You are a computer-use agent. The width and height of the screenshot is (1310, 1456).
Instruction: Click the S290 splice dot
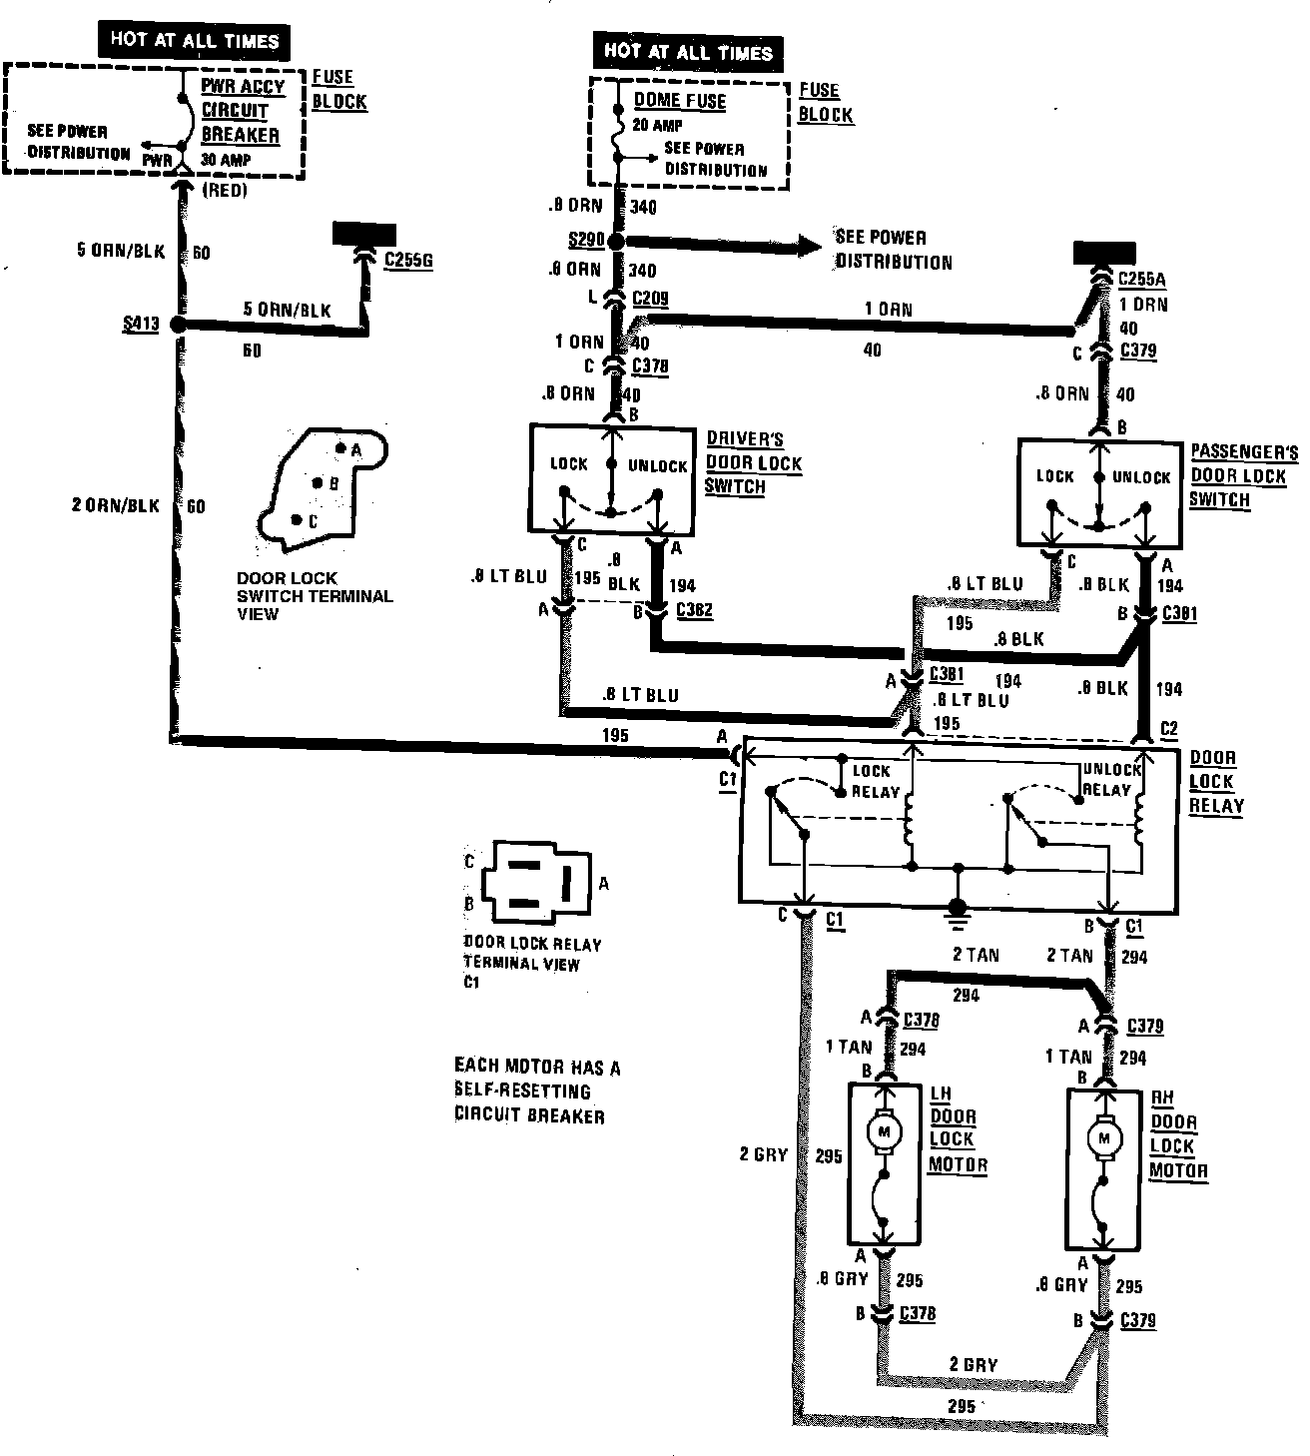[x=616, y=243]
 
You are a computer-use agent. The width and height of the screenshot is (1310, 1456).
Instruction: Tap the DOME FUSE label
[x=680, y=100]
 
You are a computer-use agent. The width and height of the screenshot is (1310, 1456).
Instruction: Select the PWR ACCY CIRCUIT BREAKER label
[x=242, y=111]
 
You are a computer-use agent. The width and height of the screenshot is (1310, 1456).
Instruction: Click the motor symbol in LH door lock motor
[x=883, y=1131]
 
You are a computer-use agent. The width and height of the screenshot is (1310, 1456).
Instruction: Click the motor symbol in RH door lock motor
[x=1103, y=1137]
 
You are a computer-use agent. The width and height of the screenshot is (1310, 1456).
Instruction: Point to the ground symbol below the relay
[x=957, y=907]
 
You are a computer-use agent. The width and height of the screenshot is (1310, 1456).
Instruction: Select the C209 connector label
[x=650, y=298]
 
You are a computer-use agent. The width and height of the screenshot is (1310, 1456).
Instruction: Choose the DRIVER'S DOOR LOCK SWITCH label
[x=754, y=463]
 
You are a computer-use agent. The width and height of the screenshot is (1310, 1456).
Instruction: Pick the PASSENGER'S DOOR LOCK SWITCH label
[x=1242, y=475]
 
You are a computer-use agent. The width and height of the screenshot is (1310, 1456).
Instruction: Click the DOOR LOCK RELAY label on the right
[x=1215, y=782]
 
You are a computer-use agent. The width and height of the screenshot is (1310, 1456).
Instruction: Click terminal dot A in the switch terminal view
[x=340, y=449]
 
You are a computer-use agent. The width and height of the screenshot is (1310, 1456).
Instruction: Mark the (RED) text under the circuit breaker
[x=224, y=190]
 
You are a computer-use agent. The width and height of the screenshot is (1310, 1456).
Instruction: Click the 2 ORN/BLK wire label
[x=116, y=506]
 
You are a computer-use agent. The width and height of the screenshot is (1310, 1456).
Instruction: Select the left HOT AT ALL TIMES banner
[x=194, y=41]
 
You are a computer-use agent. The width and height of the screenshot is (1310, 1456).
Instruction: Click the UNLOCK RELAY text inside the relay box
[x=1111, y=780]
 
